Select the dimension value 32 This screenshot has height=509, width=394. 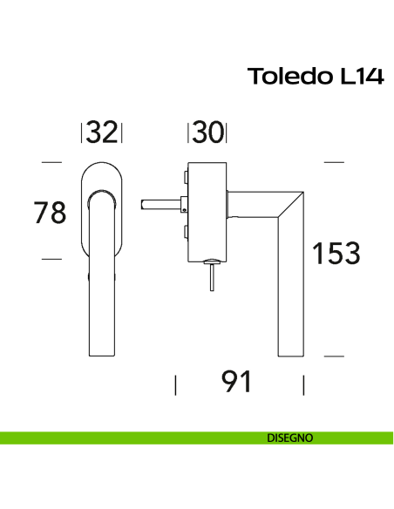(x=102, y=132)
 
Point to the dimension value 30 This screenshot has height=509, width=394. (x=207, y=132)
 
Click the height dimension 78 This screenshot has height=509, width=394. (x=49, y=212)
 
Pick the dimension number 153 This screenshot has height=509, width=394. (x=336, y=254)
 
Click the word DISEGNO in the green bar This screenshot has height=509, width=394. (x=290, y=438)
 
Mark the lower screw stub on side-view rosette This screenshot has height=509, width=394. (x=186, y=232)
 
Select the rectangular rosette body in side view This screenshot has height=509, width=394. (x=208, y=209)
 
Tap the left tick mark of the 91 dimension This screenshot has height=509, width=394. (x=176, y=384)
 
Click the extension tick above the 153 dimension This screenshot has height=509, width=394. (x=335, y=162)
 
